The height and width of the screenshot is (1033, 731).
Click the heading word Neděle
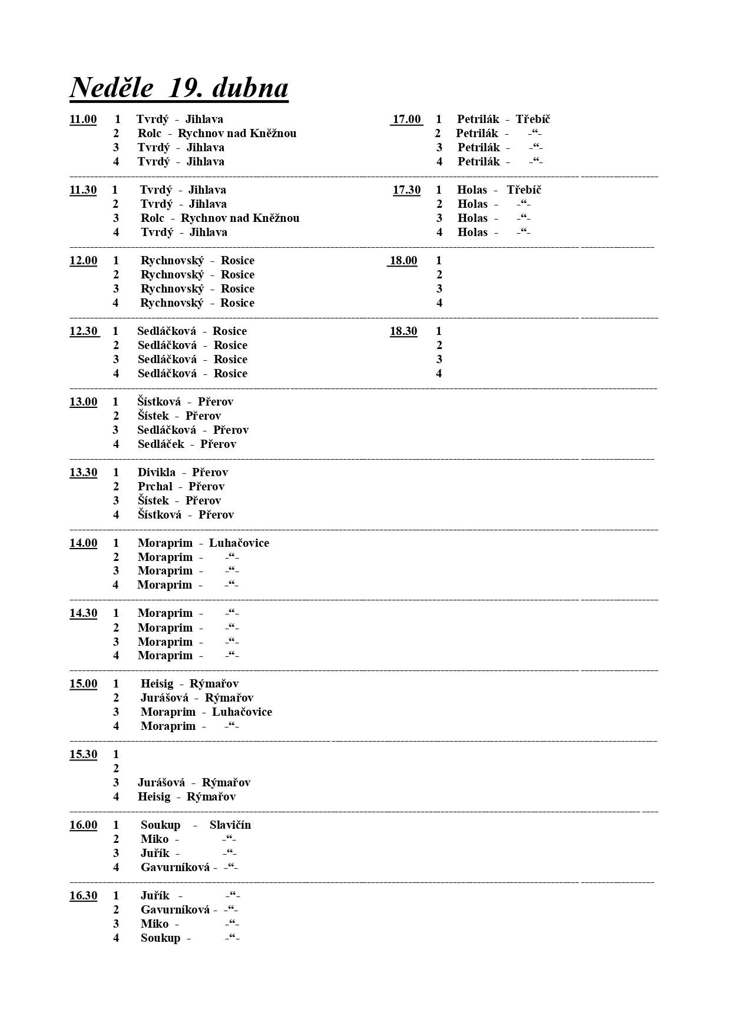coord(112,88)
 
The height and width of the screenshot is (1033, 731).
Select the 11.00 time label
coord(83,119)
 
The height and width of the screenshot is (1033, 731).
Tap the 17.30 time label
coord(406,190)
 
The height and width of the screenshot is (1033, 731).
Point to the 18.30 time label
coord(403,331)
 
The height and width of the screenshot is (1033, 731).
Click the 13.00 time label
coord(83,402)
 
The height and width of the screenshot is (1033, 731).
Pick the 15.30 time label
coord(83,755)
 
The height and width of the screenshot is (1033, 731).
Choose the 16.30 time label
coord(83,896)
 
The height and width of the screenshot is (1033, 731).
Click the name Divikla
coord(156,473)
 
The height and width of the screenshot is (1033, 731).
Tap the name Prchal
coord(155,487)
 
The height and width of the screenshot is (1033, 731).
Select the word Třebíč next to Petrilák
coord(532,119)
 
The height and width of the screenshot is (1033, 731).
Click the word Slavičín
coord(230,825)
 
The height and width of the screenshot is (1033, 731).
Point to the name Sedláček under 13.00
coord(161,444)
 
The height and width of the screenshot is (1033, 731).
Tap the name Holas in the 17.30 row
coord(472,190)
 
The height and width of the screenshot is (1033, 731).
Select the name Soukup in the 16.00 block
coord(160,825)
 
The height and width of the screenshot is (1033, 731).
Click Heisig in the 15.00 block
coord(157,684)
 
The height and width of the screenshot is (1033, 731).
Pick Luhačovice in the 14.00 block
coord(239,543)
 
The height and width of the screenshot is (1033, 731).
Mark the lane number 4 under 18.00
coord(439,303)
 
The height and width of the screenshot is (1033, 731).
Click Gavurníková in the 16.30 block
coord(175,910)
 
